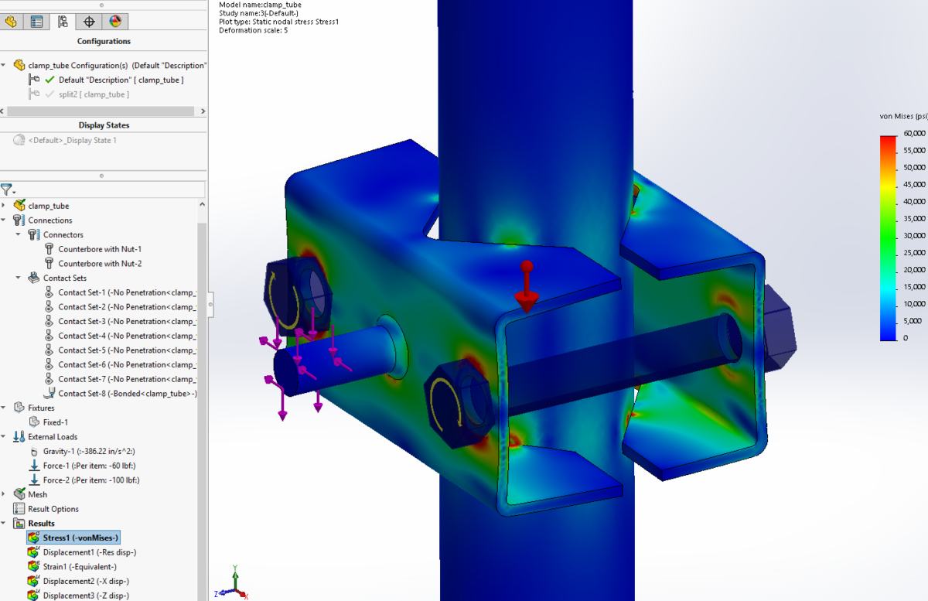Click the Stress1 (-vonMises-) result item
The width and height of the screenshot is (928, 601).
click(81, 538)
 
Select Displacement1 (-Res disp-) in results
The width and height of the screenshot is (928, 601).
click(89, 552)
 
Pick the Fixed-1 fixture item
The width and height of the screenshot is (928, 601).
click(55, 422)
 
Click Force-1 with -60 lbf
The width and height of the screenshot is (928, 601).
click(90, 466)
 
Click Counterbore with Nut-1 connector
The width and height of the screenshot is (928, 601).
click(99, 249)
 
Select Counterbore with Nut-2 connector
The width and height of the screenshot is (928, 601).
click(99, 264)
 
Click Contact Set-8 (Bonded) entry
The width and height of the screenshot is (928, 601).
click(127, 394)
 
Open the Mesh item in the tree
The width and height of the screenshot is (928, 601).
click(37, 494)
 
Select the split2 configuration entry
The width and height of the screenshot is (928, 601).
click(93, 94)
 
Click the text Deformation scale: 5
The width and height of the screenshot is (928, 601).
click(253, 31)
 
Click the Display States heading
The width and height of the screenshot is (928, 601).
click(104, 125)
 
